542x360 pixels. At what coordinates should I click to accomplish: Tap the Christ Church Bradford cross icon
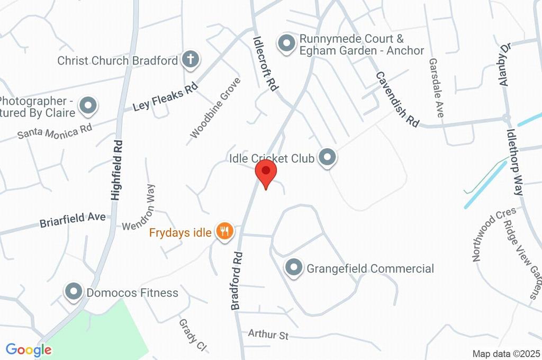coord(189,60)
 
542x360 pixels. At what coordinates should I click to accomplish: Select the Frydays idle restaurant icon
coord(224,231)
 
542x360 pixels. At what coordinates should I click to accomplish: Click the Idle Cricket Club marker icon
coord(328,157)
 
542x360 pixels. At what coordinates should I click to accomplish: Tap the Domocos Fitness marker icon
coord(73,292)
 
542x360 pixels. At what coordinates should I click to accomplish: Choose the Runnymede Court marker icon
coord(286,43)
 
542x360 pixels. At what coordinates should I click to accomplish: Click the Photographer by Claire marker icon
coord(88,106)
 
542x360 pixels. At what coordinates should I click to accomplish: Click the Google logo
coord(29,350)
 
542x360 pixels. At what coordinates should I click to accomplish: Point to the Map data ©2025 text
coord(506,354)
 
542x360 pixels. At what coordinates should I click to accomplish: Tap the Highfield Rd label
coord(118,169)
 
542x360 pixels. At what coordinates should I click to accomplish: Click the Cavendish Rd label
coord(397,99)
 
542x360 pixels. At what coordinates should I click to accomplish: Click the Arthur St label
coord(268,335)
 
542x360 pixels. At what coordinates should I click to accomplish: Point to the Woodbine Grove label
coord(215,108)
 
